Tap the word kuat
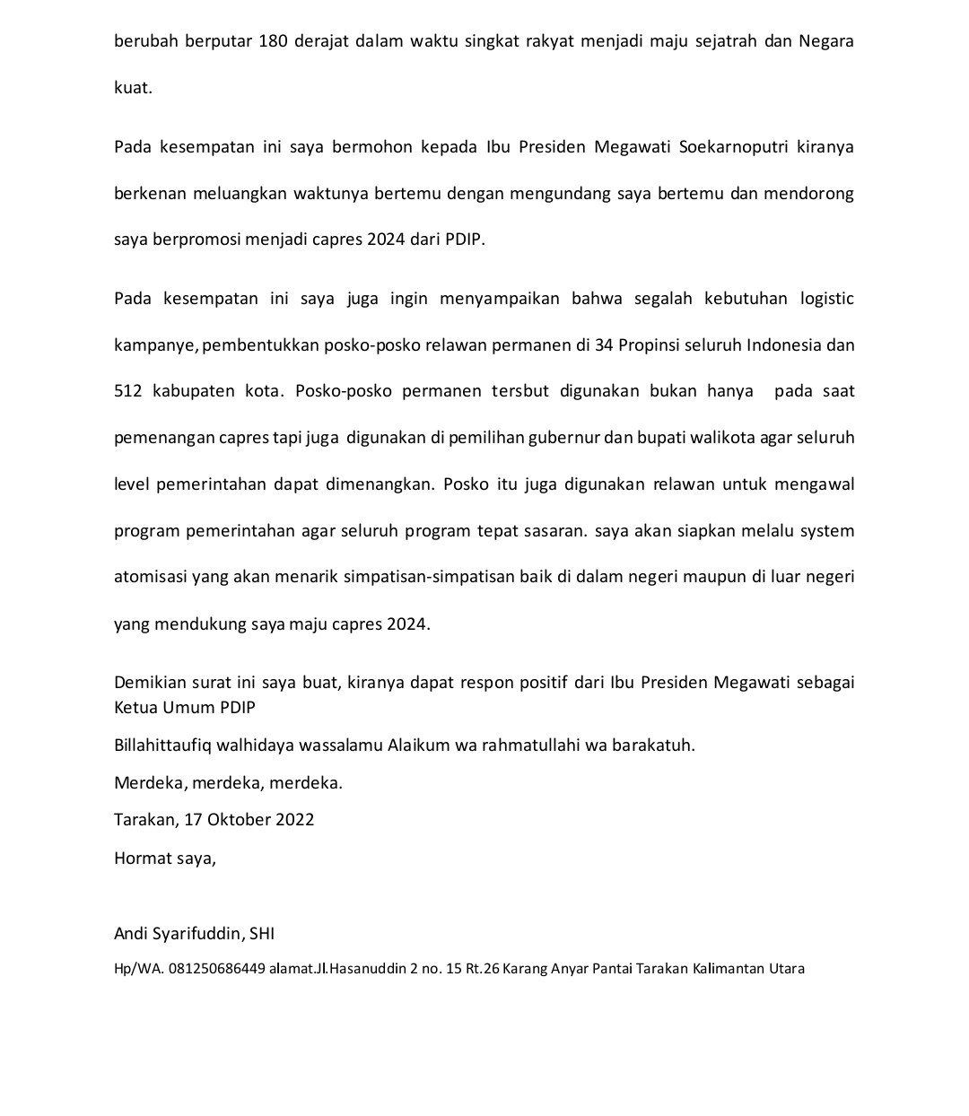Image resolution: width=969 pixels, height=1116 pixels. click(x=133, y=88)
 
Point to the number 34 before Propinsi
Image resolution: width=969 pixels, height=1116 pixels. click(x=604, y=344)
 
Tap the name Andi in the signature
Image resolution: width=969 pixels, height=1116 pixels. click(x=131, y=933)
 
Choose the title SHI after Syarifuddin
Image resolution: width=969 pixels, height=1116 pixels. click(x=261, y=933)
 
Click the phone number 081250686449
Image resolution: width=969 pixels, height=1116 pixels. click(x=216, y=969)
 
